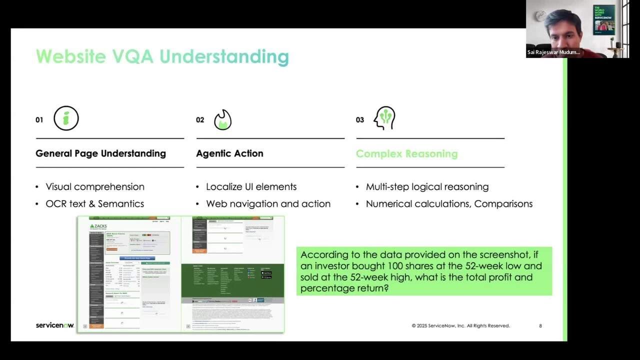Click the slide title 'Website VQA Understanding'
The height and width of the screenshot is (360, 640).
[x=162, y=56]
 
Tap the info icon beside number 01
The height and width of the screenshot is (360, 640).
[x=66, y=118]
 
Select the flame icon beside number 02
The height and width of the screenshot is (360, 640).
[x=222, y=120]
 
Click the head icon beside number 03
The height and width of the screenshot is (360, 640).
[x=384, y=118]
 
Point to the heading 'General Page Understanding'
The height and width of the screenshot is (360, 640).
[x=100, y=153]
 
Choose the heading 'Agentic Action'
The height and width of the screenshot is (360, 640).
[x=229, y=153]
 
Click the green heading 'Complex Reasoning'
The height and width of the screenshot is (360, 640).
[x=406, y=154]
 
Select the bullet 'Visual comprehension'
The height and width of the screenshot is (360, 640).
[x=95, y=186]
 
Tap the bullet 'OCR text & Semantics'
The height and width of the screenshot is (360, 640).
[x=95, y=203]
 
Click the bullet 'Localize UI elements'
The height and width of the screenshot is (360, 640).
[x=251, y=186]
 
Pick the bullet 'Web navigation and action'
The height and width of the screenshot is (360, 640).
[x=268, y=203]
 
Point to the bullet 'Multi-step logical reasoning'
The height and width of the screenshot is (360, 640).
[x=427, y=186]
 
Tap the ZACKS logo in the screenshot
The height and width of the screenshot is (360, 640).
[x=98, y=226]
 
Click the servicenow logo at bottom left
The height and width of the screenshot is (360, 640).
[x=54, y=325]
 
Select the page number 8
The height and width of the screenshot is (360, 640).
[x=540, y=326]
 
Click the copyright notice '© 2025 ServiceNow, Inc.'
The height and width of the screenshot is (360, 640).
[x=460, y=326]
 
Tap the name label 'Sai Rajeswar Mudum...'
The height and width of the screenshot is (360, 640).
[x=553, y=52]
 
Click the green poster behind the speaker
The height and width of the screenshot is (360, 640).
[x=604, y=20]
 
